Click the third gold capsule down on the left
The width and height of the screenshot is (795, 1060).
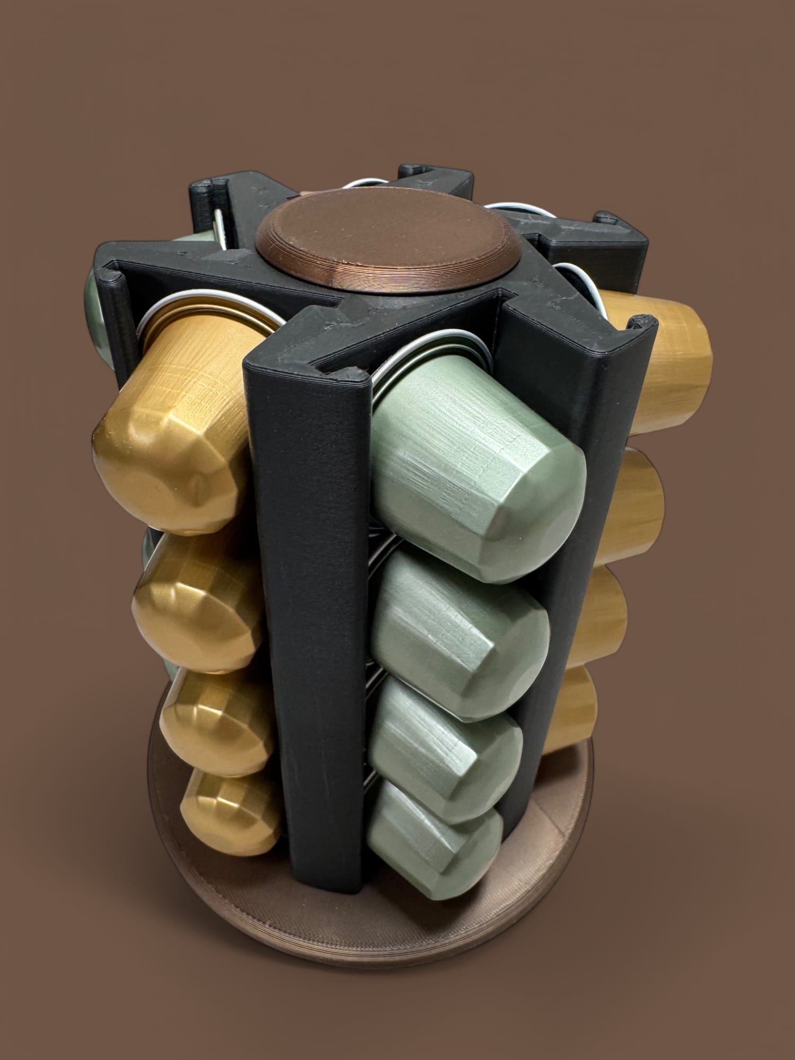click(x=217, y=726)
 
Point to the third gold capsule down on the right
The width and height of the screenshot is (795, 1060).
click(x=604, y=620)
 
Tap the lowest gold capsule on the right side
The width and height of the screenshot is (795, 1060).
click(x=572, y=710)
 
